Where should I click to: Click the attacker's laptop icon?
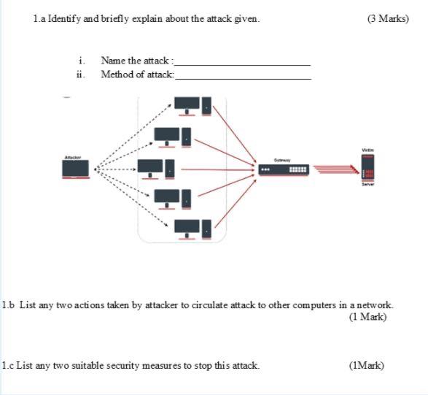coord(77,169)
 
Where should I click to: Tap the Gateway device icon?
coord(284,170)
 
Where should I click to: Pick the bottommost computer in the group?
coord(192,229)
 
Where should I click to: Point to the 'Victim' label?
coord(367,150)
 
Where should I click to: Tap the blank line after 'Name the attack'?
coord(242,64)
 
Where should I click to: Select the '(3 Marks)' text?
coord(388,18)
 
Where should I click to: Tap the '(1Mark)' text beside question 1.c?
coord(366,365)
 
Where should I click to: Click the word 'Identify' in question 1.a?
coord(63,18)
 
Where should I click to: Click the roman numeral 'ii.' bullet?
coord(80,74)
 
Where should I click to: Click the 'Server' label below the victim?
coord(367,185)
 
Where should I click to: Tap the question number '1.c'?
coord(7,365)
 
